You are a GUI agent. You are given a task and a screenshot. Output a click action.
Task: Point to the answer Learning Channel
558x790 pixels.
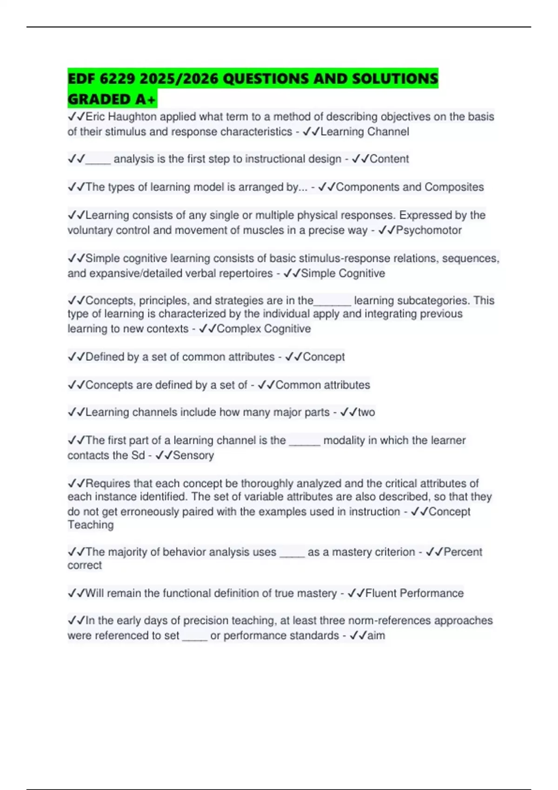365,132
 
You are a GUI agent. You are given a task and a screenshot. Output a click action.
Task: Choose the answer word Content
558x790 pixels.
389,159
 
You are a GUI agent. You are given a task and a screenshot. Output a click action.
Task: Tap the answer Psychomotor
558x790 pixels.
429,230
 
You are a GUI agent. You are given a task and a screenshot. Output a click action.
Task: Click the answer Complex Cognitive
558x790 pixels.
264,329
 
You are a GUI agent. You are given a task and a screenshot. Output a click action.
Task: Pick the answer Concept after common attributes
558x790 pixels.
324,357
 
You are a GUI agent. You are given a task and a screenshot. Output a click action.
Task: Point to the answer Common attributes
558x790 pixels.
323,385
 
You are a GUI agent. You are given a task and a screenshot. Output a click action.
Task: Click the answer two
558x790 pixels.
366,412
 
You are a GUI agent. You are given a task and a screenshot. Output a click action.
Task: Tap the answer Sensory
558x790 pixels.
193,455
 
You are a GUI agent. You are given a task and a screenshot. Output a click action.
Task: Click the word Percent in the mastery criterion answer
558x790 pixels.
463,552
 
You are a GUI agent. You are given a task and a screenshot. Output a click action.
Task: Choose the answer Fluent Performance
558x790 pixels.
414,593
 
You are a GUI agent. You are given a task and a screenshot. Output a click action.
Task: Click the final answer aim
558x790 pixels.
376,636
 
